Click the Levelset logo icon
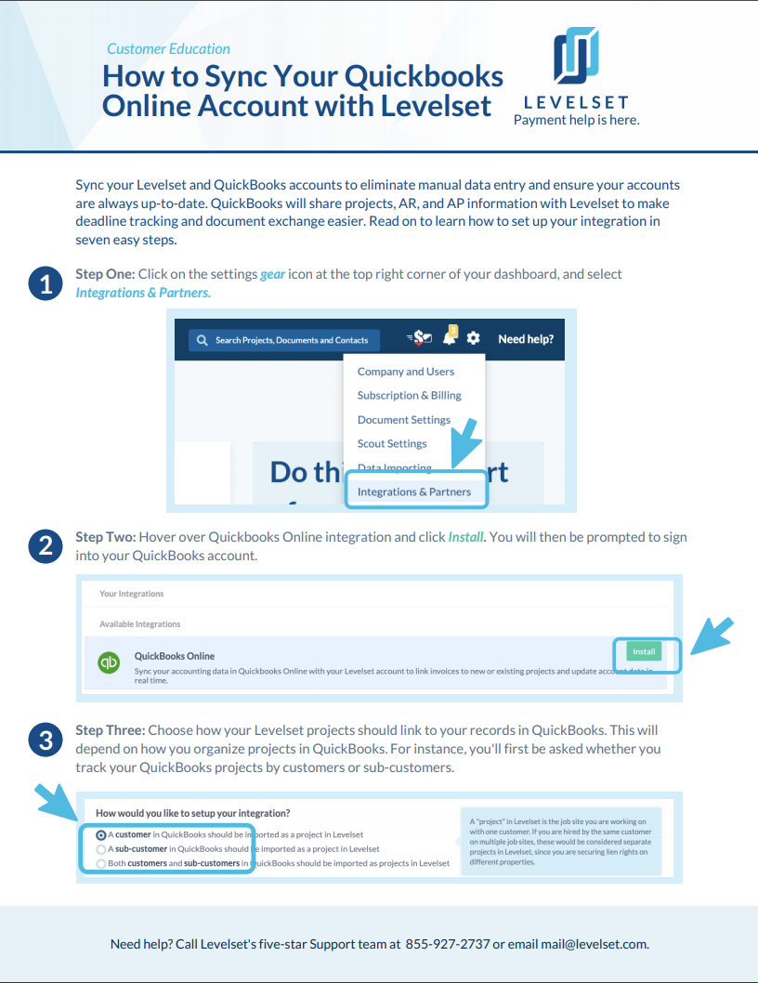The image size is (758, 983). [576, 56]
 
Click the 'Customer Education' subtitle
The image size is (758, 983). [168, 48]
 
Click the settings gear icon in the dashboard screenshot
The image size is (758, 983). [473, 339]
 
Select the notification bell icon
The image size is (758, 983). [450, 339]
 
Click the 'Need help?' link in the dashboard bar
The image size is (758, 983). [526, 339]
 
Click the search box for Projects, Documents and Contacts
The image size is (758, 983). [284, 340]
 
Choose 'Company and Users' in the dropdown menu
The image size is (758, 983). [406, 372]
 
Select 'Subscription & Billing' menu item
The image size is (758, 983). [410, 396]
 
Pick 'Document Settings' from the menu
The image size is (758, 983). [404, 420]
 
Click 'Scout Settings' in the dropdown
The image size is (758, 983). [392, 444]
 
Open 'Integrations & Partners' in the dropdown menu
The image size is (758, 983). [414, 491]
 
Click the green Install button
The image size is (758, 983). [645, 652]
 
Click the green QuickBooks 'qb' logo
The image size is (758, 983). [110, 663]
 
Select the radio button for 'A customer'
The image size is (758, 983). [101, 834]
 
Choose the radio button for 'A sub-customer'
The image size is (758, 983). [101, 849]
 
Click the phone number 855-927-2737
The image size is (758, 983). [447, 944]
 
